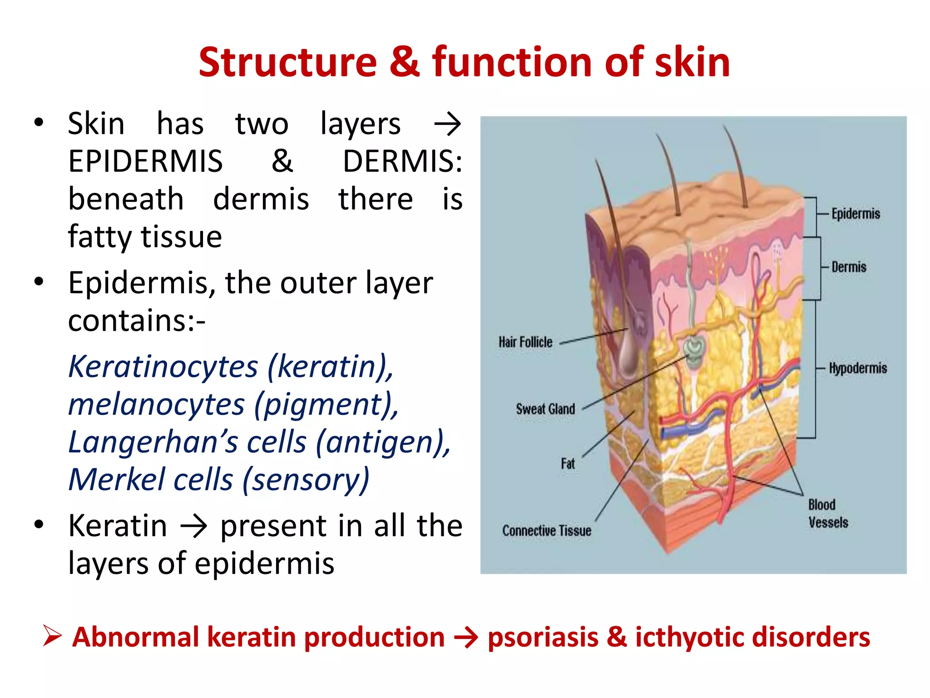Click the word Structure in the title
point(287,62)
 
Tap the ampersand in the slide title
point(404,62)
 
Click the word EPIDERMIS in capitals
point(145,161)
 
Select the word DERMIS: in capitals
point(402,161)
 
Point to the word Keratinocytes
point(163,367)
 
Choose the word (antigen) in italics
point(383,442)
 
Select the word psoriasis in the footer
point(543,637)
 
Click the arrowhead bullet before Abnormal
point(52,636)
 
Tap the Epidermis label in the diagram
point(856,214)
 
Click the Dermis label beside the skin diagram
point(849,267)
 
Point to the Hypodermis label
point(858,368)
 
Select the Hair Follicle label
point(525,342)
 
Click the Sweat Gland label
point(545,409)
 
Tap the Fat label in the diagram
point(568,464)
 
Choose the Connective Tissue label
point(547,530)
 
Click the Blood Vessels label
point(828,514)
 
